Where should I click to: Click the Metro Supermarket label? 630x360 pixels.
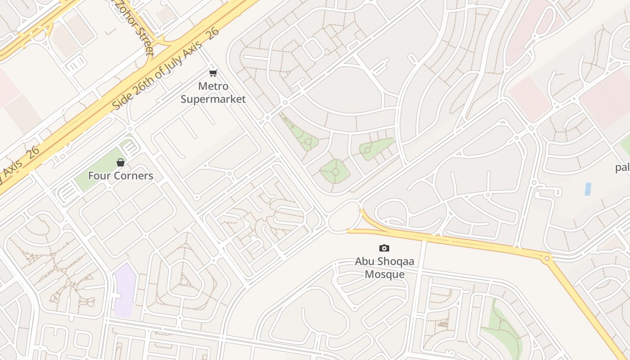213,93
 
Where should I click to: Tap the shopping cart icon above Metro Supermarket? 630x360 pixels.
213,73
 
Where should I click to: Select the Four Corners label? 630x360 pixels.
121,176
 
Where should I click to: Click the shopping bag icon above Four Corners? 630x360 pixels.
121,162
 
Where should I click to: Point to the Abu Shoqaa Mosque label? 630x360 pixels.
384,268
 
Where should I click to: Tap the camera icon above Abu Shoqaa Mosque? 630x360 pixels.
384,248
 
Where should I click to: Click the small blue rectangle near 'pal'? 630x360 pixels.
588,189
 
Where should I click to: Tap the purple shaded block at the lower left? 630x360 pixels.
124,291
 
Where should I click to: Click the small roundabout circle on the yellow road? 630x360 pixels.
547,258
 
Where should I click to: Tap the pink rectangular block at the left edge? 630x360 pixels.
7,88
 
